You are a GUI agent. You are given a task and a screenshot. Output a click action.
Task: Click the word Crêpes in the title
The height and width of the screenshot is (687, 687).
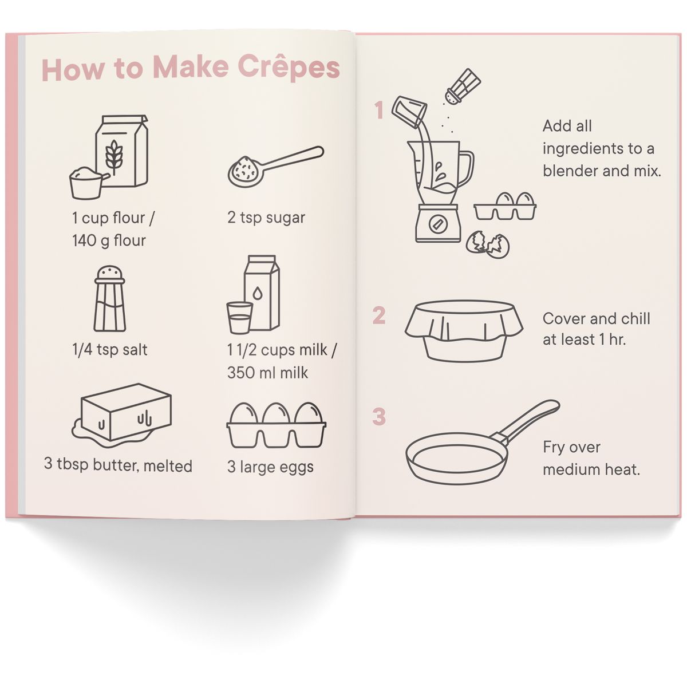tap(289, 68)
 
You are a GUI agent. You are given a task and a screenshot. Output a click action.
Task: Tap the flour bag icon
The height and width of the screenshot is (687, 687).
tap(122, 151)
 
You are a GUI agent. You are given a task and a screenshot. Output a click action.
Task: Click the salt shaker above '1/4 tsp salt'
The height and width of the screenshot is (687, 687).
tap(109, 299)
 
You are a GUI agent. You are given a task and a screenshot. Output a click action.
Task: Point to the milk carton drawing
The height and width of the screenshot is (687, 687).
tap(262, 293)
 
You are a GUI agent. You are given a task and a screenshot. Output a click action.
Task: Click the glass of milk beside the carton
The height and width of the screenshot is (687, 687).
tap(239, 317)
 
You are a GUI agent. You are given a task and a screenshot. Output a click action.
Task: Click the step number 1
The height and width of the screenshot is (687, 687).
tap(379, 110)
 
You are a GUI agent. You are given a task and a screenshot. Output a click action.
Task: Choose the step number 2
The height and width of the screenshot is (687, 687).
tap(379, 315)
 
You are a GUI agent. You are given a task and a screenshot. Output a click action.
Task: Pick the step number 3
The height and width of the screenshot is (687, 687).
tap(379, 417)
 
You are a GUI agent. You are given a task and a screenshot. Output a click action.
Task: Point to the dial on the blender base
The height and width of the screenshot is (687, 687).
tap(438, 223)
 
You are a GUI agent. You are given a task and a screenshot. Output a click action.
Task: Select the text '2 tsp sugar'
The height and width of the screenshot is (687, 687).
tap(266, 218)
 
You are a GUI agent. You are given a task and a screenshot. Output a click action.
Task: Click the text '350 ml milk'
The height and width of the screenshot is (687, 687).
tap(267, 373)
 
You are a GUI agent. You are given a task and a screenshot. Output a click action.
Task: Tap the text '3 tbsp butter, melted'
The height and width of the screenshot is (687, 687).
tap(118, 465)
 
